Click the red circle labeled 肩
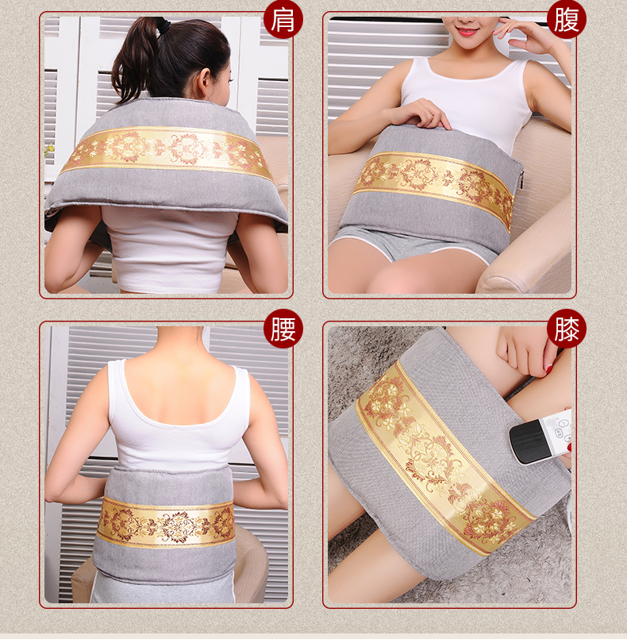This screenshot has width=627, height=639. [283, 20]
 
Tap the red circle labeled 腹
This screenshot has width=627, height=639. [567, 20]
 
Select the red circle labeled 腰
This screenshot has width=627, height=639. [283, 329]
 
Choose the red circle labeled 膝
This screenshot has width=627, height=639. [567, 329]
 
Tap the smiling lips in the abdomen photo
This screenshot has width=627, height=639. [467, 32]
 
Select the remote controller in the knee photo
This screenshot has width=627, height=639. [540, 437]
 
